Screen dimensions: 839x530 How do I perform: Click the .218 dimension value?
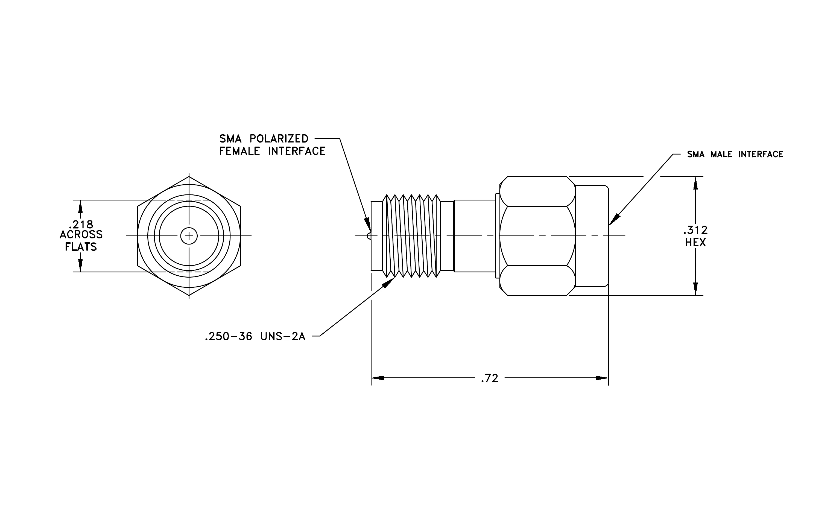81,225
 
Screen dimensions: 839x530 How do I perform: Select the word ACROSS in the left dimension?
81,235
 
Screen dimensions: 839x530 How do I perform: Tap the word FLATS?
81,247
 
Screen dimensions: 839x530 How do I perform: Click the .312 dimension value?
695,230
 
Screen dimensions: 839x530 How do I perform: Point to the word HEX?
695,243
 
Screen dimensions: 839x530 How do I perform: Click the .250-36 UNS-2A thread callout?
255,337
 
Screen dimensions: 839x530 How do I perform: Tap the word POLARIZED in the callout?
279,139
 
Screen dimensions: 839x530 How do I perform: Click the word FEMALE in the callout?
239,151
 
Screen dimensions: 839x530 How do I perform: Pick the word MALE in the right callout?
721,154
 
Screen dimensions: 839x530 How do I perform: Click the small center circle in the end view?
189,236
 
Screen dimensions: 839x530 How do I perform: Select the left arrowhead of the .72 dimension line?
377,378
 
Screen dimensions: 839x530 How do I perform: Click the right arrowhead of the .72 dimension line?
602,378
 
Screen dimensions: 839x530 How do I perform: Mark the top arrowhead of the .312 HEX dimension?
695,183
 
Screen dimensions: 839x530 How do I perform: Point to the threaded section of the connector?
411,236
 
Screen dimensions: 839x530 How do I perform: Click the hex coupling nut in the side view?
537,236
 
